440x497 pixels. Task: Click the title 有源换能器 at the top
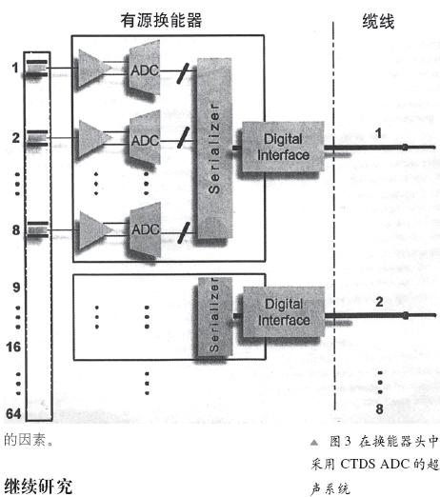click(x=172, y=19)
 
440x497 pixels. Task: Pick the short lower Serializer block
click(x=213, y=319)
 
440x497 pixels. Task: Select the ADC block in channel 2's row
click(x=146, y=141)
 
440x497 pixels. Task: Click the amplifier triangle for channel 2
click(x=96, y=141)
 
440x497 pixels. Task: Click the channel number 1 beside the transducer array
click(x=14, y=67)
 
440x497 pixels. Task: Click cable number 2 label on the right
click(x=378, y=302)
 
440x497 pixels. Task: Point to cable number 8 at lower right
click(x=378, y=410)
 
